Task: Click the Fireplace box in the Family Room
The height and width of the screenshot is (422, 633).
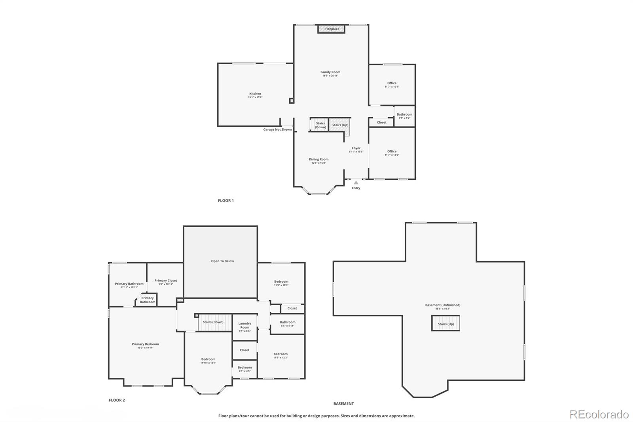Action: coord(332,29)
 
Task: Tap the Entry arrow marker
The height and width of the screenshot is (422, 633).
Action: coord(356,182)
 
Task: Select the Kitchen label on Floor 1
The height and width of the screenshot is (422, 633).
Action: coord(255,94)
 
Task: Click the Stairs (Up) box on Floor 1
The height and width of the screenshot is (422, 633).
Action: coord(340,125)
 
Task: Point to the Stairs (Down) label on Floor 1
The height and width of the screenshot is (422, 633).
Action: coord(320,125)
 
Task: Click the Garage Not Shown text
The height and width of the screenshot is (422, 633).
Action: coord(277,129)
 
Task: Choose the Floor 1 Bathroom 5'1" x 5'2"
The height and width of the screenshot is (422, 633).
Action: coord(404,116)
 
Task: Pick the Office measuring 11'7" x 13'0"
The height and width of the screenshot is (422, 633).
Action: coord(392,153)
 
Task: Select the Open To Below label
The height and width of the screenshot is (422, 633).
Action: coord(222,261)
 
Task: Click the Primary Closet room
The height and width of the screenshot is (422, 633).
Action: coord(165,282)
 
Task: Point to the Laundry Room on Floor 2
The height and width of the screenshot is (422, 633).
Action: coord(244,327)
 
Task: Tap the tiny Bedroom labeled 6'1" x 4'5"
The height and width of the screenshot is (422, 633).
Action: coord(244,369)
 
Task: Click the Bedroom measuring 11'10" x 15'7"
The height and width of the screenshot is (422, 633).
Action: coord(208,361)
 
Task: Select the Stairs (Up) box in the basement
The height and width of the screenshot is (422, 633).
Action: coord(445,323)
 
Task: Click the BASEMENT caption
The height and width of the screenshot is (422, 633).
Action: coord(343,404)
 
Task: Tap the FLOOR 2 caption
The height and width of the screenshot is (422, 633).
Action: coord(117,400)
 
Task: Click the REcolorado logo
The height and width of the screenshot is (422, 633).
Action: coord(599,414)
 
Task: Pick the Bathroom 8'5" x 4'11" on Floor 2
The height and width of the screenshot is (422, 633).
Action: coord(287,324)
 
